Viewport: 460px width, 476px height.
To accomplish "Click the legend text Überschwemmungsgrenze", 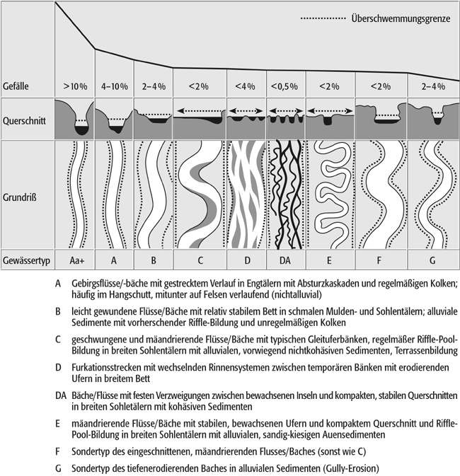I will pos(400,18).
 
